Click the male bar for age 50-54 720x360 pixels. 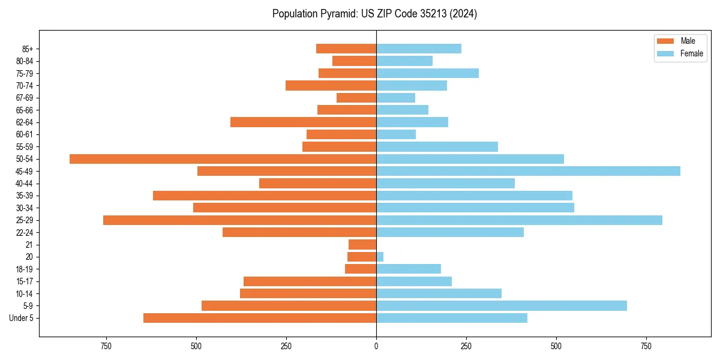[223, 159]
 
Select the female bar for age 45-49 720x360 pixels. [528, 171]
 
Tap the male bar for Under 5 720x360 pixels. [260, 318]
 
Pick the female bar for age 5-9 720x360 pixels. [502, 306]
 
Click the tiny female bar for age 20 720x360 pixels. [380, 257]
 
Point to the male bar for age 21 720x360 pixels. [362, 245]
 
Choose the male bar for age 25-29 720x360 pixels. [239, 220]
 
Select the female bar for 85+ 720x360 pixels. [419, 49]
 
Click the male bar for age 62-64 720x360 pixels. [303, 122]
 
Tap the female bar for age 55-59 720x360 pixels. [437, 147]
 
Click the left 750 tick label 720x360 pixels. [106, 347]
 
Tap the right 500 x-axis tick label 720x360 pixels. [556, 347]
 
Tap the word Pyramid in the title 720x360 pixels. [338, 14]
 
